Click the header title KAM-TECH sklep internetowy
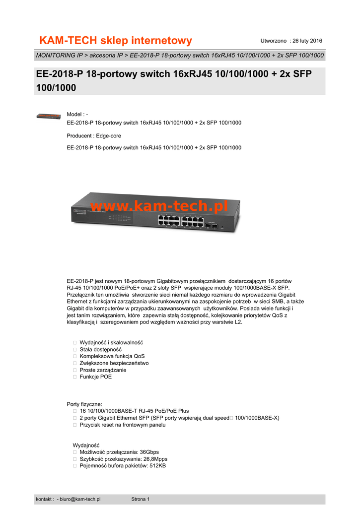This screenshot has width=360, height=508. coord(116,40)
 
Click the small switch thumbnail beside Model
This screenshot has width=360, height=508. coord(49,116)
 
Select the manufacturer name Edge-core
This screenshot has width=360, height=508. coord(109,135)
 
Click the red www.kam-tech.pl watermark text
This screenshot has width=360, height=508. coord(159,206)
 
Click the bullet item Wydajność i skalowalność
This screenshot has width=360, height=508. coord(111,342)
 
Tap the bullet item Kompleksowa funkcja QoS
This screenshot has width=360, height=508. coord(112,356)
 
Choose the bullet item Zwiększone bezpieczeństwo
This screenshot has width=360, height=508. coord(114,363)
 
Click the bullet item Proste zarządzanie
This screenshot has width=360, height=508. coord(103,370)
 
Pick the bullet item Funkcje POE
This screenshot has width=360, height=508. coord(96,377)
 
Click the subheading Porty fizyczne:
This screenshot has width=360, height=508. coord(84,404)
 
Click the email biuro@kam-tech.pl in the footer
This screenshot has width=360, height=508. coord(80,499)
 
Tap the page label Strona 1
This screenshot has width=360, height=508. coord(141,499)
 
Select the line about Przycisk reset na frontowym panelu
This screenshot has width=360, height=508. coord(122,425)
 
